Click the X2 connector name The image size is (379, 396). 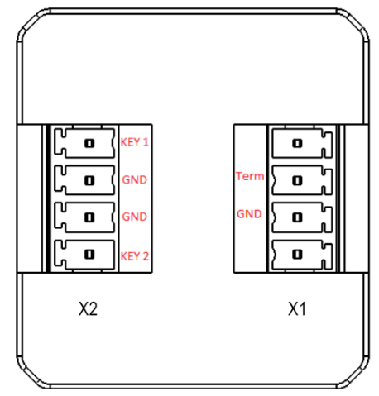tap(89, 309)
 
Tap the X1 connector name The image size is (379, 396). tap(298, 309)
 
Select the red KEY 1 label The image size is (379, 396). tap(135, 142)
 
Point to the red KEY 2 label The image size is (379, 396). tap(135, 256)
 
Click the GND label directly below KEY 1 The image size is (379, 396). tap(135, 179)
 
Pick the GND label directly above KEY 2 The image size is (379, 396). tap(135, 217)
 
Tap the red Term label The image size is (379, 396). tap(249, 176)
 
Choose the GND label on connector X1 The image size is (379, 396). tap(249, 213)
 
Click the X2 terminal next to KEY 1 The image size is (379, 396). tap(87, 142)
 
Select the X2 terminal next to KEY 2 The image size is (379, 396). tap(87, 255)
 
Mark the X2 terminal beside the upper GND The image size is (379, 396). tap(87, 179)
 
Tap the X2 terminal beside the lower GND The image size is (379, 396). tap(87, 217)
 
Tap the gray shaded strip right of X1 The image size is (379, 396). tap(355, 198)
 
